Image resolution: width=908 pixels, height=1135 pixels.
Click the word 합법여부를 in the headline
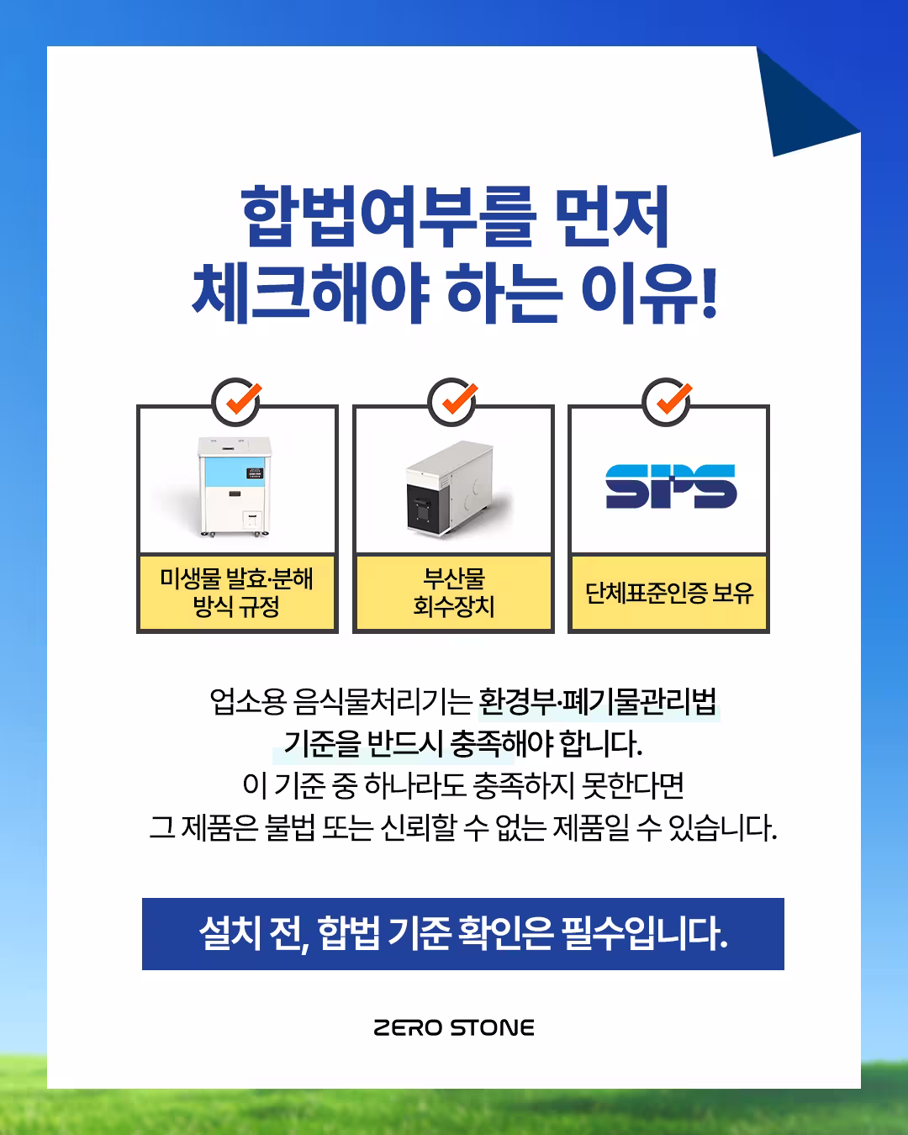click(388, 217)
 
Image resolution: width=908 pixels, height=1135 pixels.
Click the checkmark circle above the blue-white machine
click(237, 401)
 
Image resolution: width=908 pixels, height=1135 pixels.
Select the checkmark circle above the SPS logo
click(668, 401)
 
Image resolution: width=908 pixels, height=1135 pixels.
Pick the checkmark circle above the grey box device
click(453, 401)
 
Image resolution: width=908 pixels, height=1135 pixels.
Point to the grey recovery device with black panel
click(449, 488)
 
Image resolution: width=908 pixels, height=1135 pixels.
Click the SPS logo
click(670, 487)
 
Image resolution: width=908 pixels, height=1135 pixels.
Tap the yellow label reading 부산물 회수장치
click(453, 592)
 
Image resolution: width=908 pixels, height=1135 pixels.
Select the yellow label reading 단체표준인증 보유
click(669, 593)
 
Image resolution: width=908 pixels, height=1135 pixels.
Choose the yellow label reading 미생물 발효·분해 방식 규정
click(236, 592)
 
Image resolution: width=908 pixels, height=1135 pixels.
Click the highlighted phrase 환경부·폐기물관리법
click(598, 700)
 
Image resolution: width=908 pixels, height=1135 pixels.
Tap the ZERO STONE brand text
click(454, 1027)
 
